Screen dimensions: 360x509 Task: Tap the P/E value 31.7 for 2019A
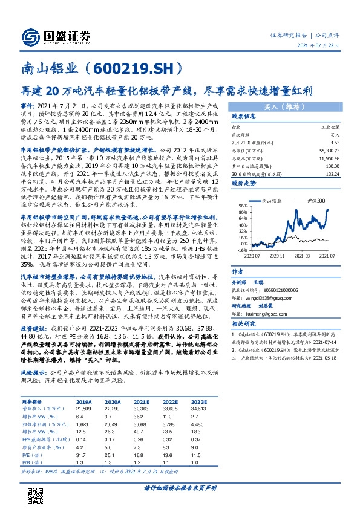point(81,455)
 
